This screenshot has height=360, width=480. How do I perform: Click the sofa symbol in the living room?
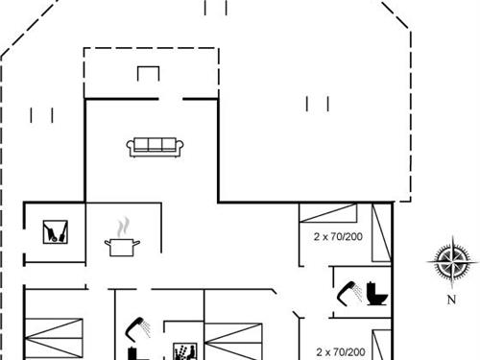click(155, 147)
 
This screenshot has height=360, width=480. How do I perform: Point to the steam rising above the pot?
click(122, 228)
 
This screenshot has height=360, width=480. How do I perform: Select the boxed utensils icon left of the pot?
click(54, 231)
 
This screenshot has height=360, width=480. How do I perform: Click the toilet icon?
click(375, 292)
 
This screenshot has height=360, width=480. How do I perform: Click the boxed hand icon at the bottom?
click(182, 350)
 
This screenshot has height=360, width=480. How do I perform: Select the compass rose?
click(451, 261)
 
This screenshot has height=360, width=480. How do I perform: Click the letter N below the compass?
click(451, 299)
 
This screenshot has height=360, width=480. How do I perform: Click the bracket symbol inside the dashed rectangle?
click(149, 74)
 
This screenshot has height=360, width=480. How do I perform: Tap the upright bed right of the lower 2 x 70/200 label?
click(381, 345)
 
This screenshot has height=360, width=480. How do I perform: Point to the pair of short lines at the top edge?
click(216, 8)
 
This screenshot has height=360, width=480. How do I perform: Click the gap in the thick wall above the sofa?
click(171, 98)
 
